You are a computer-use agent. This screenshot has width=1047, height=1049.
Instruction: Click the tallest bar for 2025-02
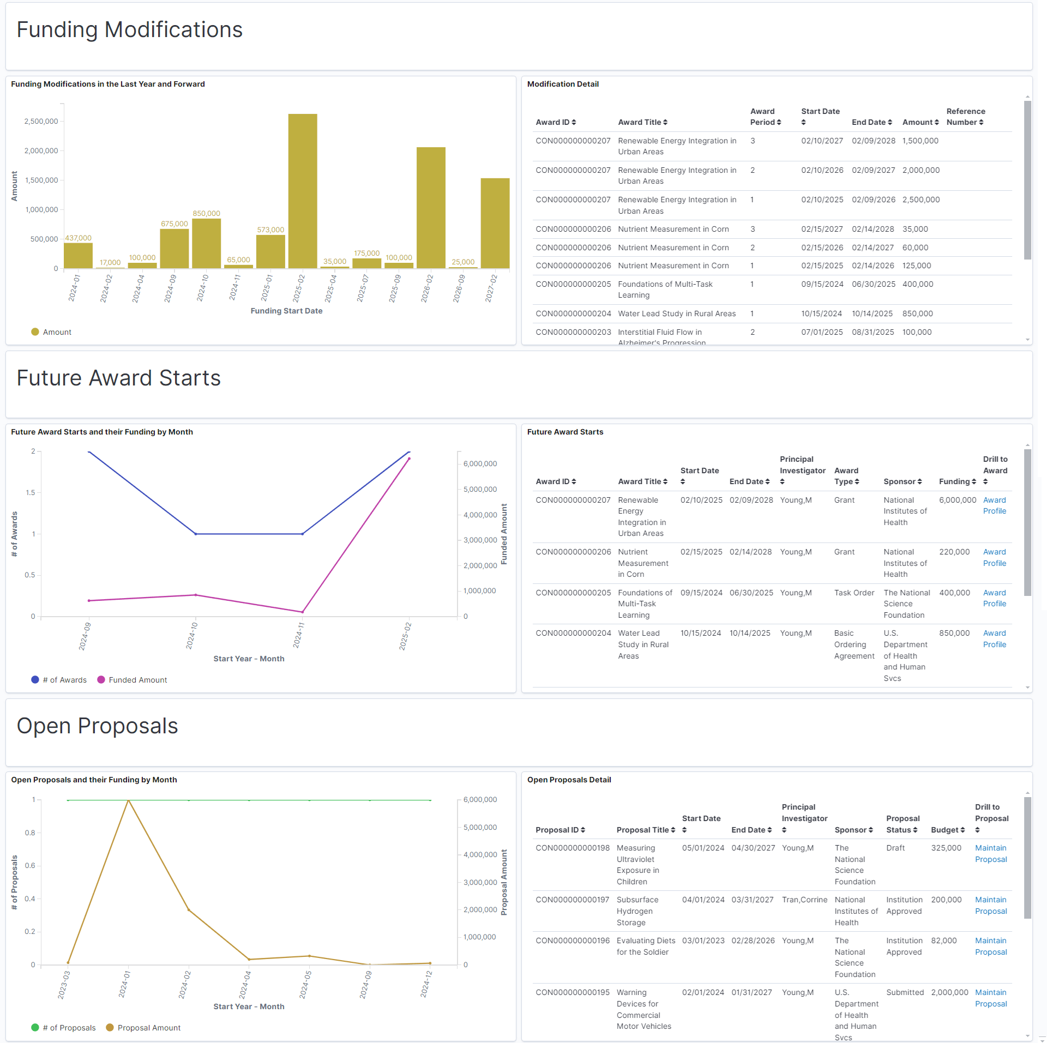(303, 191)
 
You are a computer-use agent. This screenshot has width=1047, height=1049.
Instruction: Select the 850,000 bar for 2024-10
(206, 243)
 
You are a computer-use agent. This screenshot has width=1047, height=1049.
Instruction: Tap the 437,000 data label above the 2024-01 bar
(78, 238)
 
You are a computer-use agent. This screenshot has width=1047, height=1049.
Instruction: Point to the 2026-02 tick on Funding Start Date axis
(427, 288)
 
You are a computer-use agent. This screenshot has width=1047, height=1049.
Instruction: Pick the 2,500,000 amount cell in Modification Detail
(920, 200)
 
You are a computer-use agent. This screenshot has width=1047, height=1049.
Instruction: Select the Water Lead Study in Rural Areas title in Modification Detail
(676, 314)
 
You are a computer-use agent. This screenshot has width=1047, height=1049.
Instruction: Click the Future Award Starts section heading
(118, 378)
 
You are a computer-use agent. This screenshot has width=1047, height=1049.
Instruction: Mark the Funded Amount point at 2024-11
(302, 612)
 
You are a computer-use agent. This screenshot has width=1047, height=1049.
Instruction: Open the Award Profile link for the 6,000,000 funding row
(994, 505)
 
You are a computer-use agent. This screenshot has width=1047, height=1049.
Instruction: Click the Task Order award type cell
(853, 593)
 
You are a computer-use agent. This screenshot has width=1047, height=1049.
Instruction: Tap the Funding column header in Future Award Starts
(957, 481)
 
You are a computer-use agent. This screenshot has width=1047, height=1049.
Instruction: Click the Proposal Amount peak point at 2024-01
(128, 800)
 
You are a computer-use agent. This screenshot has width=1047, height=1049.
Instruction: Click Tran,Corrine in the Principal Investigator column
(804, 900)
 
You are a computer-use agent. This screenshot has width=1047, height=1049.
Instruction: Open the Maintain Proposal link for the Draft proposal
(990, 853)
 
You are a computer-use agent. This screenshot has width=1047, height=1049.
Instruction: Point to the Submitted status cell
(905, 992)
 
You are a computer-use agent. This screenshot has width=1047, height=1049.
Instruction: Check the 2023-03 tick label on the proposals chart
(64, 985)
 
